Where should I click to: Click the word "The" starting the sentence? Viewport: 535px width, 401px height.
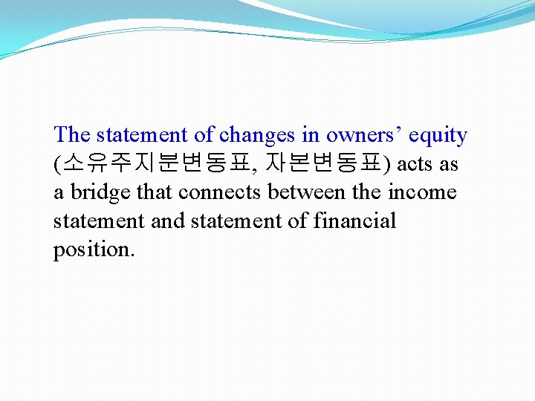click(72, 135)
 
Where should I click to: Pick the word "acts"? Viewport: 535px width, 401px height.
click(415, 164)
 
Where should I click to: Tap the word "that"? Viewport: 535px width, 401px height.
click(154, 192)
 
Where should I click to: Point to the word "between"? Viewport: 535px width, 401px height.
click(306, 192)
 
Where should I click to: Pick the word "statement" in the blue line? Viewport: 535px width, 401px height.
click(142, 135)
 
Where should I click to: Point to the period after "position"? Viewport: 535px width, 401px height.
click(132, 255)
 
